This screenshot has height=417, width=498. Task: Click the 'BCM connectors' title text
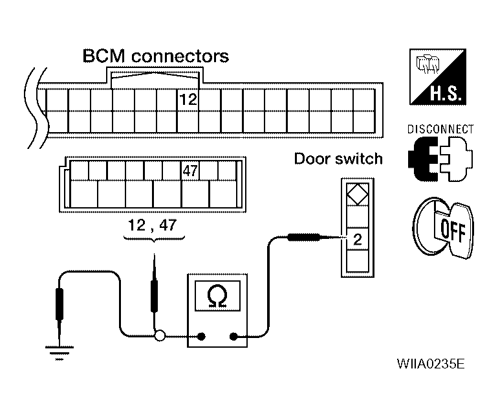(x=156, y=56)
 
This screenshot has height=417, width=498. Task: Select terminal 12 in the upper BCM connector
(x=188, y=100)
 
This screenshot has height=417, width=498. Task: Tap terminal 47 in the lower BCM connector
(x=190, y=171)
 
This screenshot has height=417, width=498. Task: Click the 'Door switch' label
(x=338, y=159)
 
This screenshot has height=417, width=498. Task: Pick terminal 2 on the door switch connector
(x=358, y=239)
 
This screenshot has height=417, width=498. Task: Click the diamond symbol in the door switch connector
(x=358, y=194)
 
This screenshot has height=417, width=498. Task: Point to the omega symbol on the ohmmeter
(x=217, y=296)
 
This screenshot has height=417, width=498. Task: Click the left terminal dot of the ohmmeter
(x=201, y=336)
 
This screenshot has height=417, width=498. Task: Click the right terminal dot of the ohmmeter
(x=233, y=336)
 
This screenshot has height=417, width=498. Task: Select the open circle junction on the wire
(x=160, y=336)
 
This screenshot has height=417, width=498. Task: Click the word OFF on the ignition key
(x=453, y=231)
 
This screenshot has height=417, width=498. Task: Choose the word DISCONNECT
(x=440, y=129)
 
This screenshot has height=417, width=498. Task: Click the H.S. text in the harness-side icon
(x=446, y=93)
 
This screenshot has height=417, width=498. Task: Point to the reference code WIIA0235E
(x=431, y=363)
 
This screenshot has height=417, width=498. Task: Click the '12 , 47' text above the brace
(x=152, y=225)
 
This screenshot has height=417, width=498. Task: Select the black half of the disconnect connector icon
(x=424, y=159)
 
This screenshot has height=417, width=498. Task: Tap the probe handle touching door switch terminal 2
(x=303, y=237)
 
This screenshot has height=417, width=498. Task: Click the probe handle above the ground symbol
(x=60, y=304)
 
